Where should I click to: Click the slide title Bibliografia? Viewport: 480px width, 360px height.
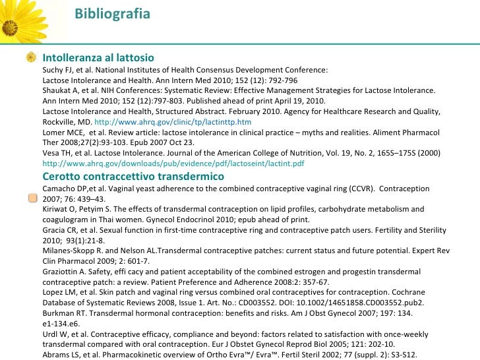pyautogui.click(x=111, y=14)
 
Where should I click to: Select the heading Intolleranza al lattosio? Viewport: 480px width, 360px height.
pyautogui.click(x=98, y=58)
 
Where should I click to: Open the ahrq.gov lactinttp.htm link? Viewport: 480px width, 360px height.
pyautogui.click(x=173, y=123)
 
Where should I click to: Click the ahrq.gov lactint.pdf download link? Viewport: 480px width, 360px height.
pyautogui.click(x=173, y=164)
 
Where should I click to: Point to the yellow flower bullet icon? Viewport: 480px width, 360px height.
pyautogui.click(x=31, y=58)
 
